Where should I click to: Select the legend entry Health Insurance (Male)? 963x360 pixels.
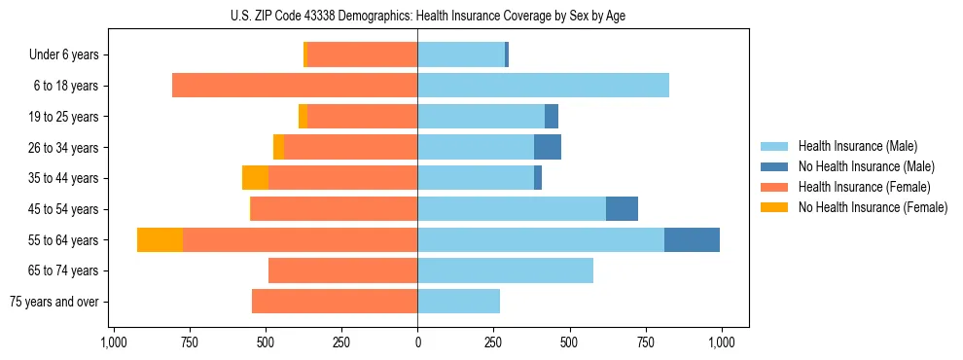point(856,146)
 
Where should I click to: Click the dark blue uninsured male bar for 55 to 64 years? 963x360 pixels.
point(692,239)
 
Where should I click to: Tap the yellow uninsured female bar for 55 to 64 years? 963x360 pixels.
point(160,239)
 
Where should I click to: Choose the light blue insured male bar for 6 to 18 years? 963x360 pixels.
point(543,86)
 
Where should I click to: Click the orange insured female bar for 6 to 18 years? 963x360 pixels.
point(295,86)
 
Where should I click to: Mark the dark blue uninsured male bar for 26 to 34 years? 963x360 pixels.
point(548,147)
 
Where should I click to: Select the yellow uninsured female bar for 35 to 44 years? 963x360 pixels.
point(255,178)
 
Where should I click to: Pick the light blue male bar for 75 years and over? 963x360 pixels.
point(458,302)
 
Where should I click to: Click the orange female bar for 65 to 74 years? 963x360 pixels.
point(342,270)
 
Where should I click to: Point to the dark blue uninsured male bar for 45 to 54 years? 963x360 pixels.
point(622,209)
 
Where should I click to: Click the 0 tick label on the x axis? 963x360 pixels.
point(417,342)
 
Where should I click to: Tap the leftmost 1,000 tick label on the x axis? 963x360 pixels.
point(113,342)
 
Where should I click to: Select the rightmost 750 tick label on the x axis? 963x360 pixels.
point(645,342)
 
